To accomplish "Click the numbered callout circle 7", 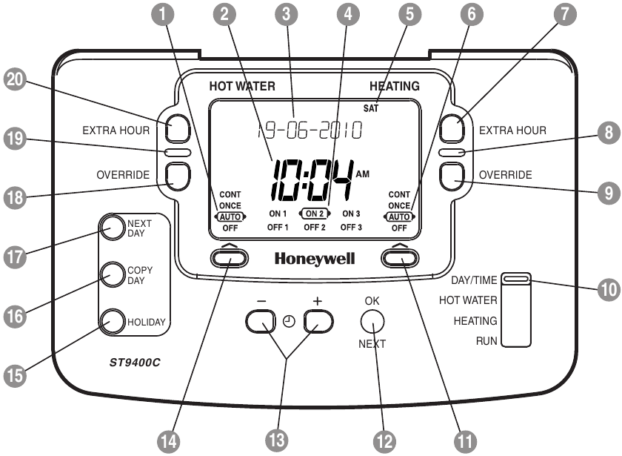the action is (x=564, y=14).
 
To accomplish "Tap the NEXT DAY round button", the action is (x=113, y=228).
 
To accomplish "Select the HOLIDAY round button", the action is (x=113, y=321).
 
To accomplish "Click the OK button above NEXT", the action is (x=372, y=321).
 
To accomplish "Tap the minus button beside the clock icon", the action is (x=261, y=321).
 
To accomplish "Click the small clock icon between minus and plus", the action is (x=290, y=321).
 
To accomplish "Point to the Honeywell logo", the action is (x=315, y=259).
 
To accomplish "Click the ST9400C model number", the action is (x=135, y=363).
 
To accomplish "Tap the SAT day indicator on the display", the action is (x=371, y=108).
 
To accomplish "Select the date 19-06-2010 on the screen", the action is (x=310, y=130).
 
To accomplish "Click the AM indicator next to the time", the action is (x=363, y=174).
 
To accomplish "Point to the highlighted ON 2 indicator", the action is (x=315, y=214).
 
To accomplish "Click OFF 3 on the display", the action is (x=351, y=227).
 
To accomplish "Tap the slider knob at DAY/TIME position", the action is (x=515, y=279).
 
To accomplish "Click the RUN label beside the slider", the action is (x=486, y=341).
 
